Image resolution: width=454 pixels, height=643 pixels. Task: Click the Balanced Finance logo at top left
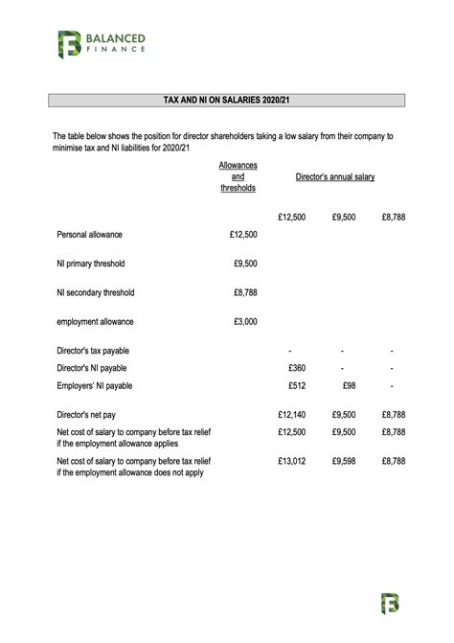[x=100, y=43]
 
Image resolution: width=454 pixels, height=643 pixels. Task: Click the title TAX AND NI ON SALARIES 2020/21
[x=226, y=100]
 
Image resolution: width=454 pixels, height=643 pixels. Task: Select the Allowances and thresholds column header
[x=238, y=177]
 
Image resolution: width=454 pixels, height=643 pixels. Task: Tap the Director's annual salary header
[x=334, y=177]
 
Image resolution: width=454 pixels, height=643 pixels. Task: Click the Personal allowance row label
[x=89, y=234]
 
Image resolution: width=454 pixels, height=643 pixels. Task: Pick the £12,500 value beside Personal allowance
[x=243, y=234]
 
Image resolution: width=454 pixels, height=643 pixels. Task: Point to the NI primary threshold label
[x=91, y=264]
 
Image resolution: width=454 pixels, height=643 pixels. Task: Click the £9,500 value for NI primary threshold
[x=245, y=264]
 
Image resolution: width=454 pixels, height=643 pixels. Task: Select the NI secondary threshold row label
[x=96, y=293]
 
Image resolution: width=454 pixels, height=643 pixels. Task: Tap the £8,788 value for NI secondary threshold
[x=245, y=293]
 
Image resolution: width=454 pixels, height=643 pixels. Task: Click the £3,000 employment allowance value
[x=245, y=322]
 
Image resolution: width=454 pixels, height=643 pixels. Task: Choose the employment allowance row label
[x=95, y=322]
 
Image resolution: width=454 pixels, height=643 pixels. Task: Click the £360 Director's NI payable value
[x=296, y=368]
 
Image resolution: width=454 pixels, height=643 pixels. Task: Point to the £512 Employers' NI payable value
[x=296, y=385]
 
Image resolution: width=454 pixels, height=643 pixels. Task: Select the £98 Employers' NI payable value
[x=349, y=385]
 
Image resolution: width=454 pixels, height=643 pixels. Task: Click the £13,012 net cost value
[x=291, y=461]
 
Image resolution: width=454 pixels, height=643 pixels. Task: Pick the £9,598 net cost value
[x=344, y=461]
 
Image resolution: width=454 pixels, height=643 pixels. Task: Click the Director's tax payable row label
[x=93, y=351]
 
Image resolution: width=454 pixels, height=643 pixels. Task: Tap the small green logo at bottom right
[x=389, y=603]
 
